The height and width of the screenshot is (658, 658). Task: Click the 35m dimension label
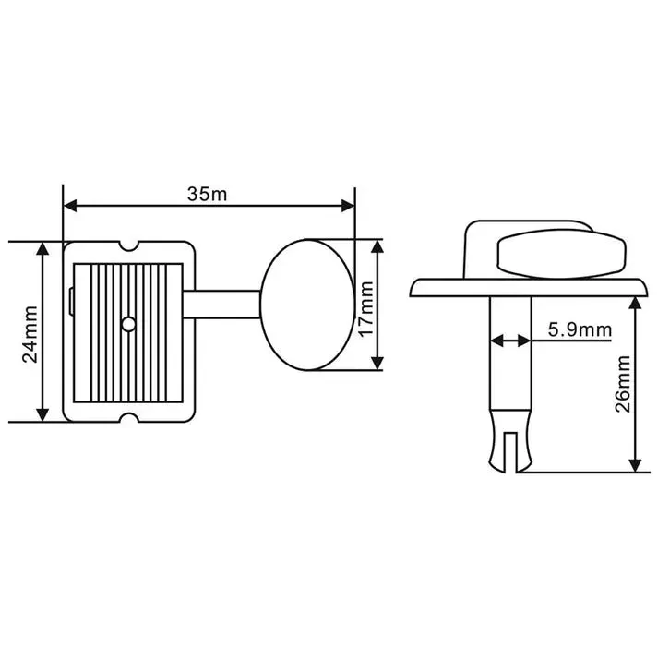207,195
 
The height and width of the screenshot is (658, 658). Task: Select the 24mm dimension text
30,334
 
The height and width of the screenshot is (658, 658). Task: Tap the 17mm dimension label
366,309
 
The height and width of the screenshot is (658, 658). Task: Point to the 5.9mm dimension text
580,329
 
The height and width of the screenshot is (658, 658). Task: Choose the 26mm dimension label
622,384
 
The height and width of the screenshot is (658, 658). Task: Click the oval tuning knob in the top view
307,305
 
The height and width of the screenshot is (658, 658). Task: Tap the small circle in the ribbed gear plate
128,324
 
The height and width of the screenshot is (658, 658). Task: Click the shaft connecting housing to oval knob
221,305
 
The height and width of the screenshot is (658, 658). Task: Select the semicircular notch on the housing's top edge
128,245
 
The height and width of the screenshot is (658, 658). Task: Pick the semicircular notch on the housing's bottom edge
128,417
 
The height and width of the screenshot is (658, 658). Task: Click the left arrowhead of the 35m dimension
69,206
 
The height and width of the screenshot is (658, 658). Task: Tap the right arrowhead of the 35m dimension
348,206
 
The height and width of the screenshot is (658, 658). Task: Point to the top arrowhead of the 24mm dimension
42,248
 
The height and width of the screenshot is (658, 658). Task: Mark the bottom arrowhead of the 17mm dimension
377,363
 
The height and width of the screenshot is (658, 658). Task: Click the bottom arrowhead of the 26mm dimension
635,465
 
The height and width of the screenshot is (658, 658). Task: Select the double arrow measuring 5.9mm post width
510,341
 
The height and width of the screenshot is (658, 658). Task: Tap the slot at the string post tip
510,451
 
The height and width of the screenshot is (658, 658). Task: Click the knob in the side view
561,254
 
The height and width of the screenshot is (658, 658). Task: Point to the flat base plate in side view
528,288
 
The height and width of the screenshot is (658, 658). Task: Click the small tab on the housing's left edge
71,301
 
